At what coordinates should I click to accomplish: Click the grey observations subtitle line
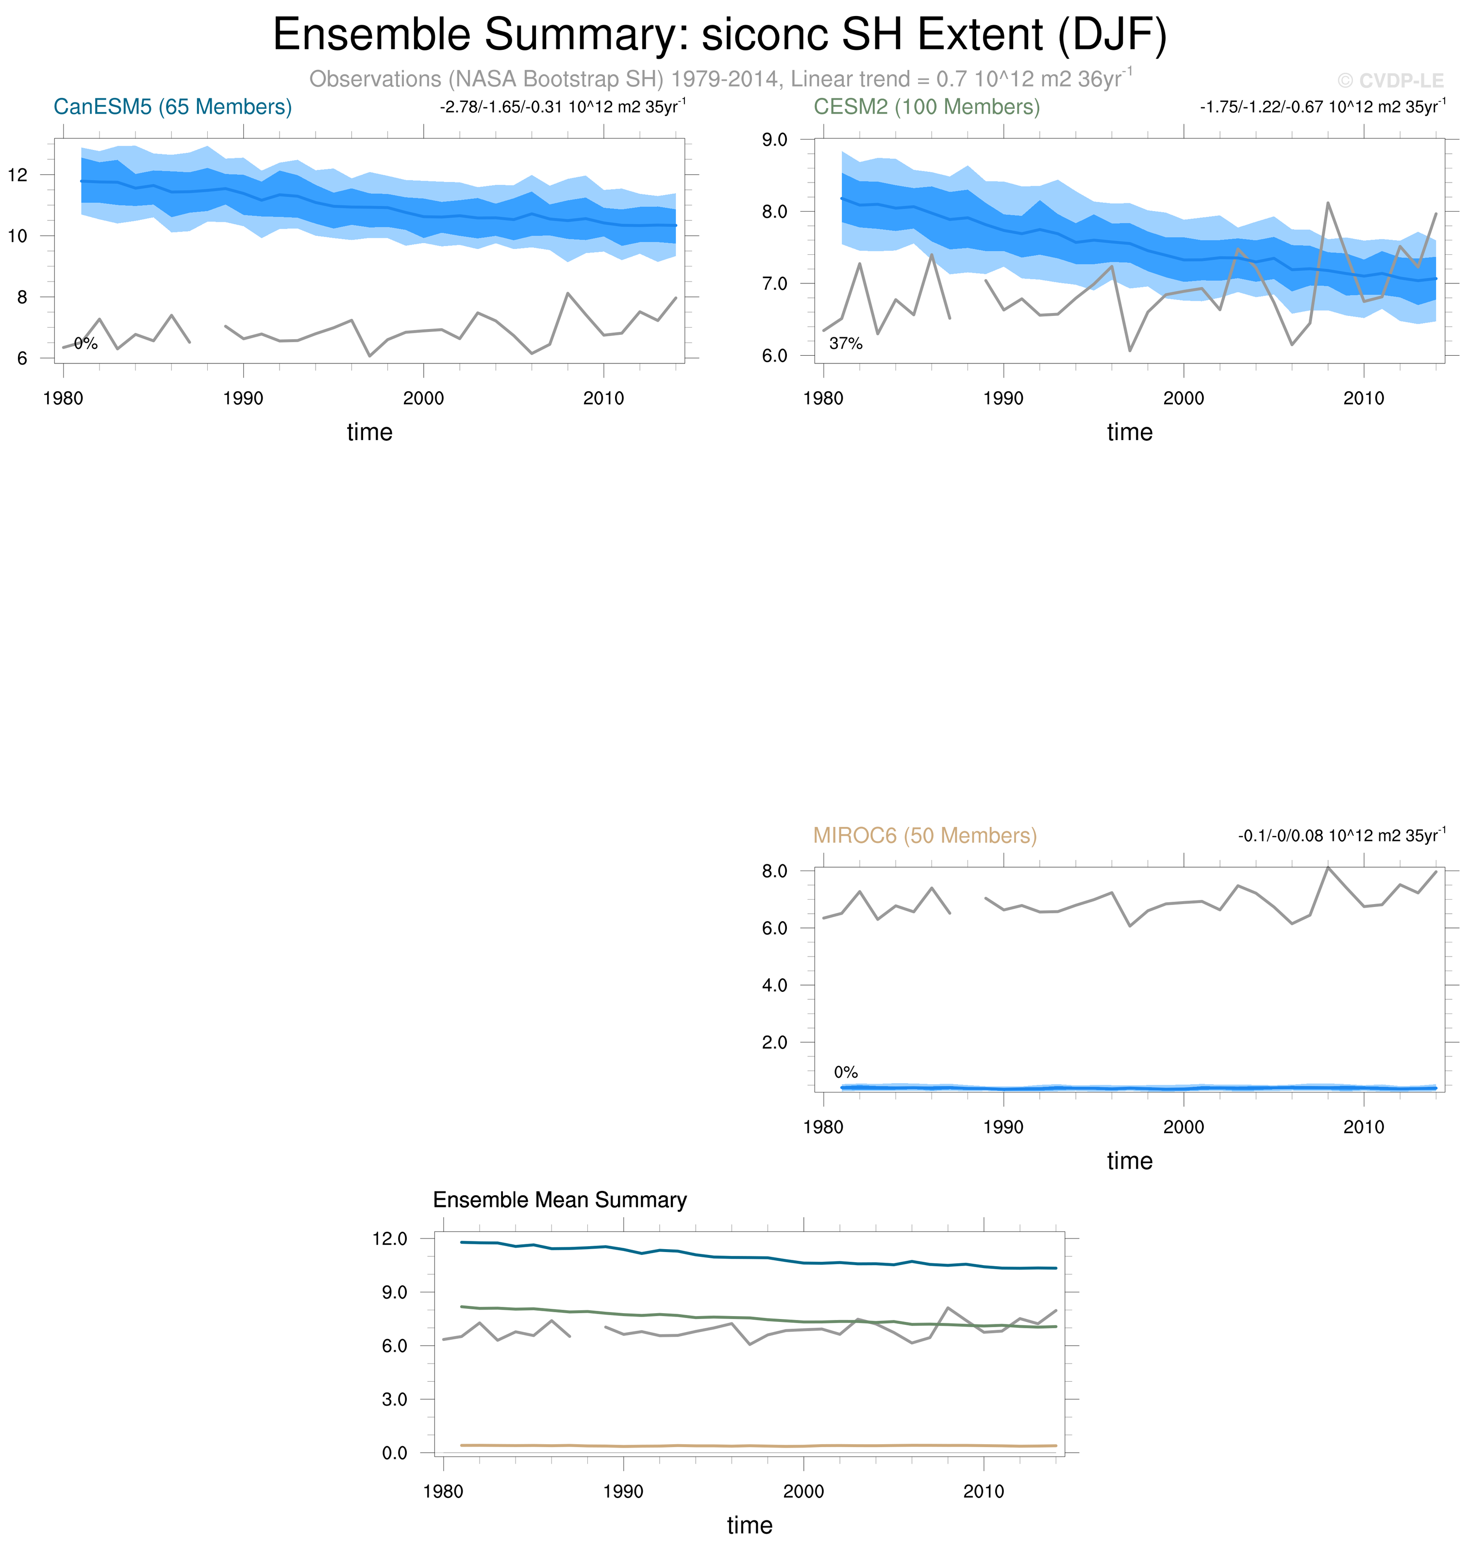point(720,79)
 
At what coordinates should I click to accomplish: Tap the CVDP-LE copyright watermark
point(1390,81)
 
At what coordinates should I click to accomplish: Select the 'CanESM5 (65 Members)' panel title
point(172,107)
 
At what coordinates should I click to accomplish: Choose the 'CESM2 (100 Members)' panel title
point(927,107)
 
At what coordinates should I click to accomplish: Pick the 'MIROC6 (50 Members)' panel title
point(925,836)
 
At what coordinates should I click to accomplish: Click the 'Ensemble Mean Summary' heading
point(560,1200)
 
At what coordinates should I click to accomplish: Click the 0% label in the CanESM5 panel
point(86,344)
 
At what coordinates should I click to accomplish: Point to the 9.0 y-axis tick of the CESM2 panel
point(775,140)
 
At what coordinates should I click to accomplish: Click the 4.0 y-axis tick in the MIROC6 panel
point(775,985)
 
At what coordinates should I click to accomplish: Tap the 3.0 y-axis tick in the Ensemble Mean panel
point(394,1399)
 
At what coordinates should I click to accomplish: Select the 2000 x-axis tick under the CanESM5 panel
point(423,398)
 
